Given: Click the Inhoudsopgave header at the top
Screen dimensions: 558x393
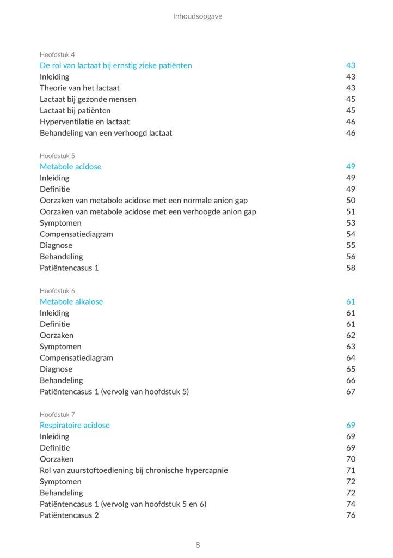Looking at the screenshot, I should (x=198, y=16).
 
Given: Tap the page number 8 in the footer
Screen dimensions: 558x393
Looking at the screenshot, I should (x=198, y=545).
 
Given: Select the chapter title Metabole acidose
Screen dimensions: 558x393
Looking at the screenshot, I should (x=70, y=167).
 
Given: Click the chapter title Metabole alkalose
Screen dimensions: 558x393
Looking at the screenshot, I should (x=71, y=302).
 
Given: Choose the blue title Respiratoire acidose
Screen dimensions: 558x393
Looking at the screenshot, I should (x=75, y=426).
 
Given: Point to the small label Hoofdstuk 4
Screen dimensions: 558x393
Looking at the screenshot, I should (x=57, y=54).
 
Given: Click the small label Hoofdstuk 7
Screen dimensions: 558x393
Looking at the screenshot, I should (x=57, y=414).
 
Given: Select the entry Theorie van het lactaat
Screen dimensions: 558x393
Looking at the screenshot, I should (x=79, y=88).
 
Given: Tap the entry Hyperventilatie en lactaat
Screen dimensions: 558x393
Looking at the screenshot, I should (x=84, y=122).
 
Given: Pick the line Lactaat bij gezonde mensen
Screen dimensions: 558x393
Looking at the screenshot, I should (x=88, y=99).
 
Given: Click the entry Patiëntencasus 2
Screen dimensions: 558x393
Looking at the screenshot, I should (x=69, y=515).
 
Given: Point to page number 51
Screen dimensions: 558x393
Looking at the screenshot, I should (x=351, y=212).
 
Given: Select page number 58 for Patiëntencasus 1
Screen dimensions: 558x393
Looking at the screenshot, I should (x=351, y=268).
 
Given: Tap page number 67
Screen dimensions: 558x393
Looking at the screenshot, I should (x=351, y=392).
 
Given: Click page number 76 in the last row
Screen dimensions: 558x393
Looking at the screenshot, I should (x=351, y=515).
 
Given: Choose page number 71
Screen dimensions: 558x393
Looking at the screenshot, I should (x=351, y=470).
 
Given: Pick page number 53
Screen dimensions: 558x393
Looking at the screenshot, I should (x=351, y=223).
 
